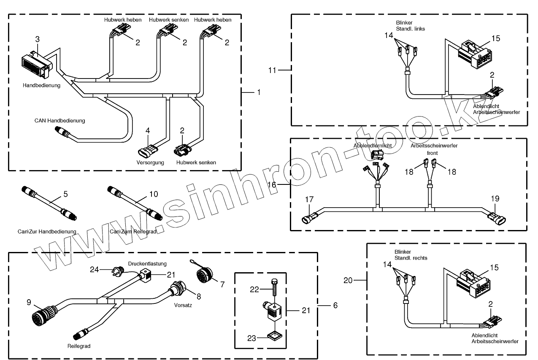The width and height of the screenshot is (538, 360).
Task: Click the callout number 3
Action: click(37, 39)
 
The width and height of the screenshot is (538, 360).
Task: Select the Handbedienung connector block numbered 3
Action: click(35, 65)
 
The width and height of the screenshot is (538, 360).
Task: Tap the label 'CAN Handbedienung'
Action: click(59, 121)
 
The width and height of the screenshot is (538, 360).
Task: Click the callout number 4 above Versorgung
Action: click(147, 131)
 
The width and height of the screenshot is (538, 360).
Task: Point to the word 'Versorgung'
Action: click(150, 162)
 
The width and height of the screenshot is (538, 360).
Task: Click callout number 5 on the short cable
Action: click(65, 194)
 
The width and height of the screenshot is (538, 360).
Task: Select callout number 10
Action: click(154, 194)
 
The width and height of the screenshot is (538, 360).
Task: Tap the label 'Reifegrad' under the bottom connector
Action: click(79, 346)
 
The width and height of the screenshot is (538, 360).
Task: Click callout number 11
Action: click(273, 70)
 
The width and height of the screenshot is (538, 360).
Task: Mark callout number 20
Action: click(348, 280)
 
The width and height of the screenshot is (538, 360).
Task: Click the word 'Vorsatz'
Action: click(183, 305)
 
